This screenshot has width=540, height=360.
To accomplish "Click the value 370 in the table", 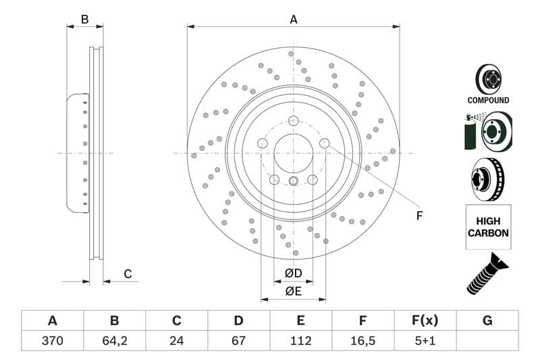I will [x=52, y=340].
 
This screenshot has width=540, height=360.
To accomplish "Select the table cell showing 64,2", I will [x=114, y=340].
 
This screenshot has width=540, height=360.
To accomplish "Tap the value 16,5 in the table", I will [x=362, y=340].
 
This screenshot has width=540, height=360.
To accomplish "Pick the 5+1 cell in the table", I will [x=425, y=340].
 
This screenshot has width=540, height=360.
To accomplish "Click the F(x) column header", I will [x=425, y=321].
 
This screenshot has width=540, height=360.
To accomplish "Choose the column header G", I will [x=487, y=321].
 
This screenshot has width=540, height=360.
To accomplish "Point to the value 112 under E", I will [x=300, y=340].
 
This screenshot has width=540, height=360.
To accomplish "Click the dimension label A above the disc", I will [x=294, y=20].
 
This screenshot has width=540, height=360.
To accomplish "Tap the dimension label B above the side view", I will [x=84, y=20].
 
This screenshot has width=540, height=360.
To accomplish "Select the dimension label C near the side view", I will [x=127, y=274].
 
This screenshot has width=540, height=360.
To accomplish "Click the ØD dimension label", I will [x=293, y=273].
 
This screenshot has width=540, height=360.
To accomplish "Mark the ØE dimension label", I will [x=293, y=291].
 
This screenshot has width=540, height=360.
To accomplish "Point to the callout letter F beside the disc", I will [x=418, y=216].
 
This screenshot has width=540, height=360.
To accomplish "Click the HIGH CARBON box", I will [x=487, y=227].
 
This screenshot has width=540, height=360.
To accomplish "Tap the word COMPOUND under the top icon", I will [x=488, y=100].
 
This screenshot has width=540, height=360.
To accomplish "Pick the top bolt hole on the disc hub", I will [x=292, y=121].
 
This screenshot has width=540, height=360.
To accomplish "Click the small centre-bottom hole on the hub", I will [x=294, y=180].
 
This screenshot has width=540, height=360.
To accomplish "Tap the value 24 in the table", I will [x=176, y=340].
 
